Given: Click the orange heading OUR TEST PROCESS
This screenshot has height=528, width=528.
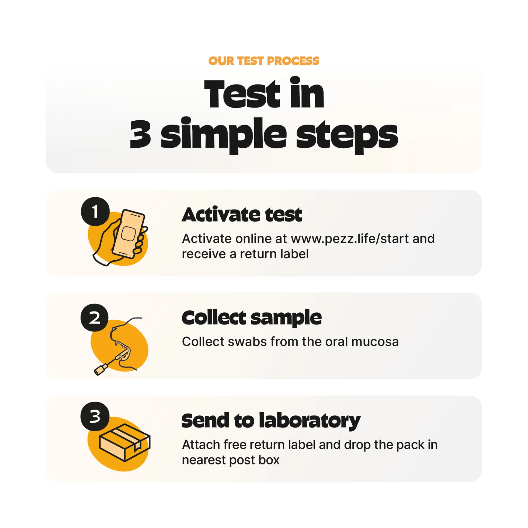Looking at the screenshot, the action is click(x=263, y=61).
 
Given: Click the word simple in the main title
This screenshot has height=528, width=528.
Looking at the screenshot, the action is click(x=224, y=135).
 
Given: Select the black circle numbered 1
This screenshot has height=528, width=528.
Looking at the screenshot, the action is click(x=95, y=212).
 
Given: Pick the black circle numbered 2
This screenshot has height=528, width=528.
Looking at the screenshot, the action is click(x=95, y=318).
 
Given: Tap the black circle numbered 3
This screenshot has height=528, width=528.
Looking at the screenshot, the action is click(x=95, y=416).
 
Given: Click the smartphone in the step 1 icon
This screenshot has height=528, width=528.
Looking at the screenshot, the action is click(x=128, y=234).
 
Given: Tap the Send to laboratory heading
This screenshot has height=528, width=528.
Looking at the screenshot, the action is click(x=271, y=421).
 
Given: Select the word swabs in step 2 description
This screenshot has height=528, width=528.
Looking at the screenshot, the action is click(x=247, y=342).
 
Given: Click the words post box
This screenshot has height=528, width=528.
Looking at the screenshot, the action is click(x=254, y=460).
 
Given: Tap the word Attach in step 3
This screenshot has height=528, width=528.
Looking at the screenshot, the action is click(x=201, y=445).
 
